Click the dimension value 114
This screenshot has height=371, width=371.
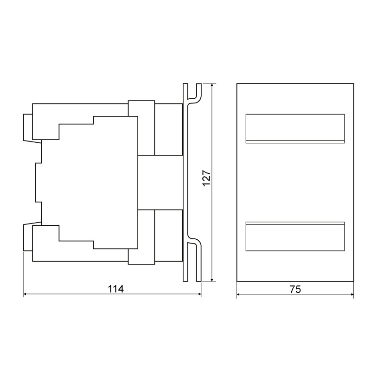[x=115, y=289]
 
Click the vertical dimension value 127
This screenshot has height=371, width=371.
[x=206, y=178]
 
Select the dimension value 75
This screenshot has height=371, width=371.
[x=295, y=289]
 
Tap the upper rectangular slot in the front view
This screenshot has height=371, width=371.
[x=295, y=129]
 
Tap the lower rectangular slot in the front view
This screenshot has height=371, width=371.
[x=295, y=236]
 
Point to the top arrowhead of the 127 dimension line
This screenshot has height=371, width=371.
[x=212, y=86]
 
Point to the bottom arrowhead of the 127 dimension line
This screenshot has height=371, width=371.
[x=212, y=279]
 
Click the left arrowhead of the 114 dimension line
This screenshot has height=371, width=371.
[x=26, y=294]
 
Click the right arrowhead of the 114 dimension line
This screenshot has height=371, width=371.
[x=199, y=294]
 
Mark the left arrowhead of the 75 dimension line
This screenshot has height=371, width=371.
[x=239, y=294]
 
